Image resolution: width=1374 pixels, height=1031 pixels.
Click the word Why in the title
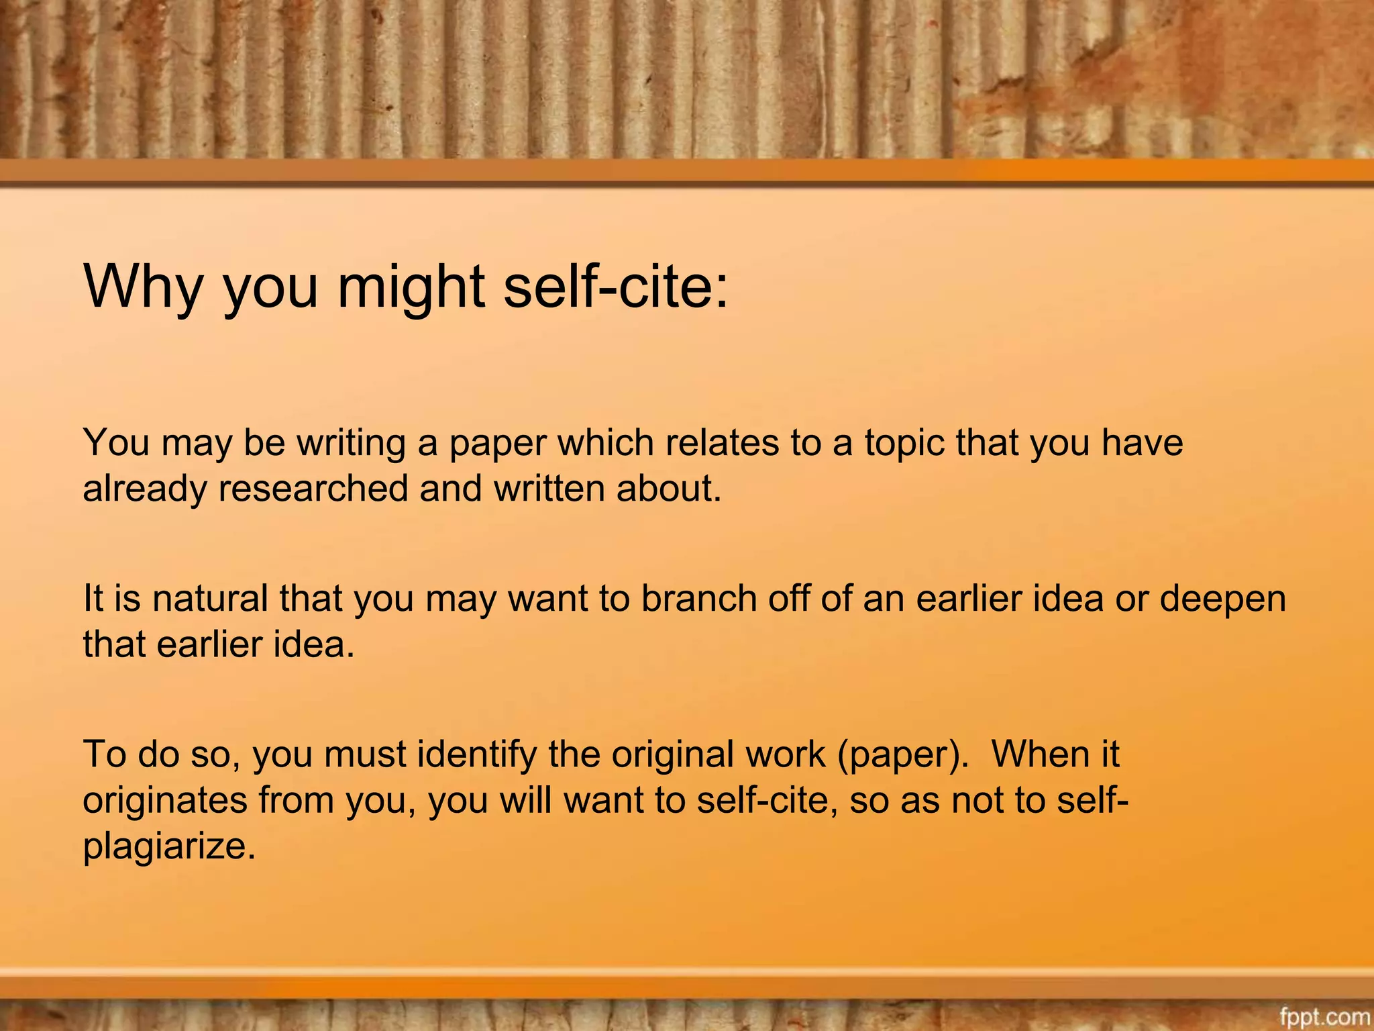[x=142, y=287]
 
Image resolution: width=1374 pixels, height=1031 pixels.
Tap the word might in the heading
[x=411, y=287]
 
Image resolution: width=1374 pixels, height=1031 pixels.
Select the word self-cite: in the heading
[x=616, y=287]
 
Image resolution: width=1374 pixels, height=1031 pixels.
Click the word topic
[x=904, y=443]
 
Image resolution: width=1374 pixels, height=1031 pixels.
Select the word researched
[x=313, y=488]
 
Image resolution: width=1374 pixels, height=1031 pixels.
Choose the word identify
[x=477, y=755]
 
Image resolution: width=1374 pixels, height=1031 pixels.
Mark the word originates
[x=165, y=801]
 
